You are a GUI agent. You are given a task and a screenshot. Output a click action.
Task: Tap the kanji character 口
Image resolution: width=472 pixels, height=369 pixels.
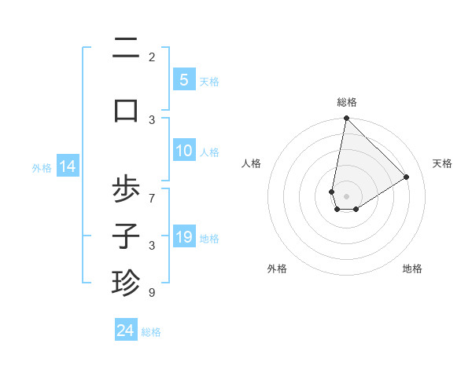pos(126,110)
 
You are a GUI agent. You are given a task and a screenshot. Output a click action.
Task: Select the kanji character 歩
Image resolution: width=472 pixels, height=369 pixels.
pos(126,191)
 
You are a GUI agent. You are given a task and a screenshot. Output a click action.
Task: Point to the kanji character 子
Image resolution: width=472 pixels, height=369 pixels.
pos(126,235)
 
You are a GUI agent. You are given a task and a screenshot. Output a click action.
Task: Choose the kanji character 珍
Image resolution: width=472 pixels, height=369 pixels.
pos(126,281)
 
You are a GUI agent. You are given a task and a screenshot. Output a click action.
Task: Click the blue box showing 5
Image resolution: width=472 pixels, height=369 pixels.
pos(183,79)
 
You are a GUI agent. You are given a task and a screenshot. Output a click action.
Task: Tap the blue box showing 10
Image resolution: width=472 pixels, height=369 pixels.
pos(183,152)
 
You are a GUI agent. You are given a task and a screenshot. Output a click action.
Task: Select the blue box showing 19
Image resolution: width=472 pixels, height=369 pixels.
pos(183,237)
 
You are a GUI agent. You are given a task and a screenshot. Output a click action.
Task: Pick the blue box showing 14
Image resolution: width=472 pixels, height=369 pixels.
pos(68,166)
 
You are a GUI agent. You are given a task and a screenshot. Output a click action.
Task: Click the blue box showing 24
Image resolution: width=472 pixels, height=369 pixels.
pos(126,331)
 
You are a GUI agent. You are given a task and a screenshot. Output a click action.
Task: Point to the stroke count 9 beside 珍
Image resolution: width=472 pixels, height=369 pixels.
pos(152,293)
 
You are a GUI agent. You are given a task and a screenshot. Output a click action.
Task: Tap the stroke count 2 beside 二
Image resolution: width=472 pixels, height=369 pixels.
pos(152,57)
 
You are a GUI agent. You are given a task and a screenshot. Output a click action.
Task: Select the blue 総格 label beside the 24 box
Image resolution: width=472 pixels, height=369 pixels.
pos(151,332)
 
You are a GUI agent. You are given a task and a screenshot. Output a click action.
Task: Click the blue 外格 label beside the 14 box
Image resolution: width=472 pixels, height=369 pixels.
pos(42,167)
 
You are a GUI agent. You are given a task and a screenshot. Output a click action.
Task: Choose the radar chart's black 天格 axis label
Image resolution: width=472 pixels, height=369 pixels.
pos(442,163)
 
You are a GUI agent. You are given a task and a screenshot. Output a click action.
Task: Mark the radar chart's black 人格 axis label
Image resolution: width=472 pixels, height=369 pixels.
pos(252,163)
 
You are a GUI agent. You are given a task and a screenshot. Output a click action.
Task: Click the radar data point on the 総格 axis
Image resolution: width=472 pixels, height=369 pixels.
pos(346,119)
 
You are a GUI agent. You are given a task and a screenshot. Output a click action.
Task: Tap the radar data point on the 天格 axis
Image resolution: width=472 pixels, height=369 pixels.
pos(407,177)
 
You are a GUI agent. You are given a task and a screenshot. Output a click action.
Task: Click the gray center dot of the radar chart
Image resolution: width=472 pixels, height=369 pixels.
pos(346,195)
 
